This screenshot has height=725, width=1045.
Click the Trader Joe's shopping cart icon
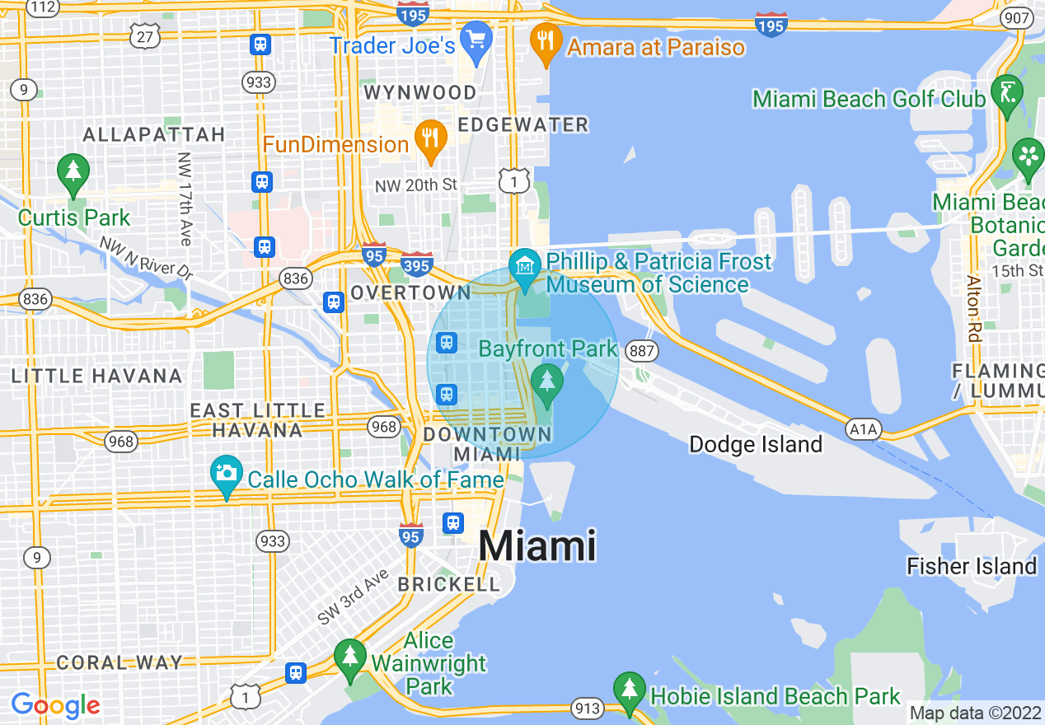476,41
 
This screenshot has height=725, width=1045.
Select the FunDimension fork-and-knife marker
430,139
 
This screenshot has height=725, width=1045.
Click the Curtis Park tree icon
73,172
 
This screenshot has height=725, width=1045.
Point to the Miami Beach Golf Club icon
1006,94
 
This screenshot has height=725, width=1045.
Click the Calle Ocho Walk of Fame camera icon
226,475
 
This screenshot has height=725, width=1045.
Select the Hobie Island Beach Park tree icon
630,690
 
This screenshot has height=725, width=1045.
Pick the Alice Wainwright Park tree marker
350,657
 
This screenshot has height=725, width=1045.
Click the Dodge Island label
756,445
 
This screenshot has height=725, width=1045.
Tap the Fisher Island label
971,566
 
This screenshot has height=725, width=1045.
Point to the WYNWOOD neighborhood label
421,92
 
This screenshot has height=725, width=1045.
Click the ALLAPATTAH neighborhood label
154,134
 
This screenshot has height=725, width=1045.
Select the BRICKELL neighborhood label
449,584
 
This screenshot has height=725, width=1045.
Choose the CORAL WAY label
119,662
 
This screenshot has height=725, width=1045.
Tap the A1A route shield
863,428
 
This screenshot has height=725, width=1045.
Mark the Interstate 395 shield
417,264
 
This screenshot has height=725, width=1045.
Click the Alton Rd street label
973,307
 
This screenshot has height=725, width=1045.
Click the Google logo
55,705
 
